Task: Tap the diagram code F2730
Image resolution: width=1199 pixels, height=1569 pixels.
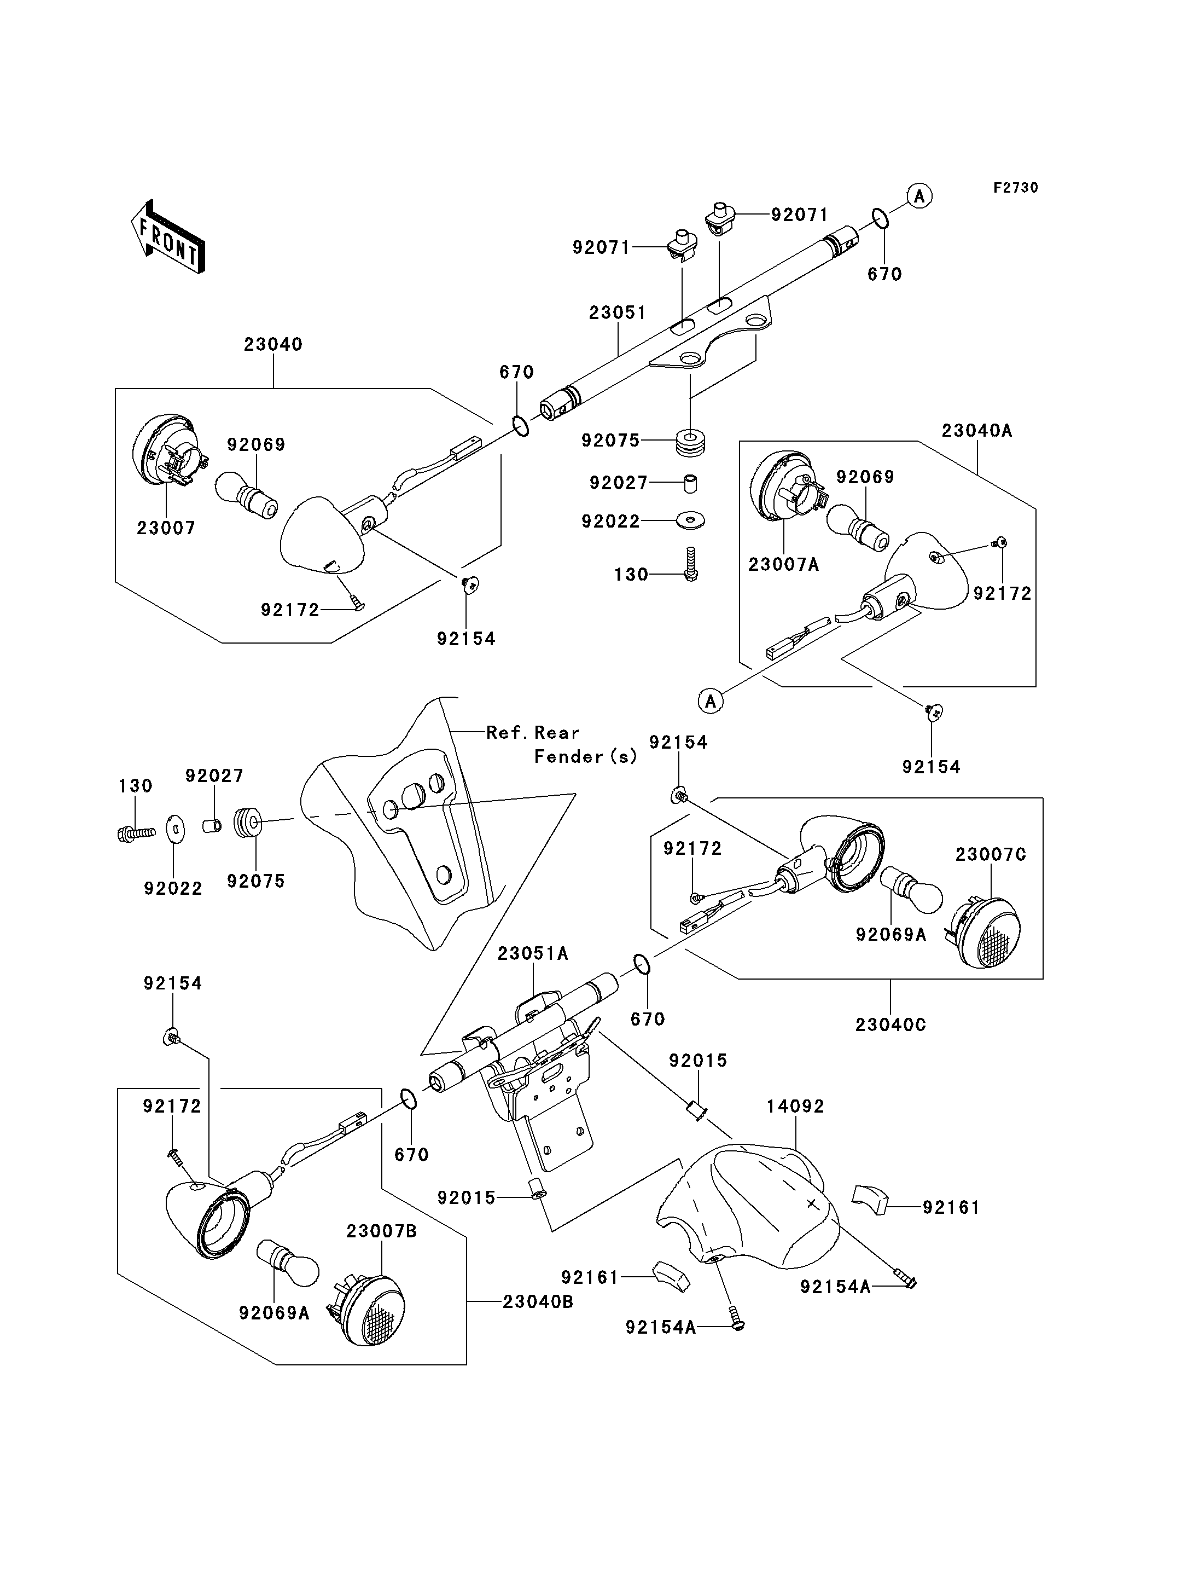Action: pos(1016,188)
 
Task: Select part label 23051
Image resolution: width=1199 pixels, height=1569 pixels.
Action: pos(618,313)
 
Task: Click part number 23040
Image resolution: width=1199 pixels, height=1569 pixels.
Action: pos(273,344)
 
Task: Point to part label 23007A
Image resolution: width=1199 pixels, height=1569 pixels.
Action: pos(784,565)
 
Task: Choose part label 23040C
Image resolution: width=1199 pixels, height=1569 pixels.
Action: pos(890,1025)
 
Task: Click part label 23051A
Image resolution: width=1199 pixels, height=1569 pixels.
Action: pos(533,953)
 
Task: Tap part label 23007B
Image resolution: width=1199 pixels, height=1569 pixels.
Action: pos(382,1231)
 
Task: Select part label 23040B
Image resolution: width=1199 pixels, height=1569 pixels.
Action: pos(538,1302)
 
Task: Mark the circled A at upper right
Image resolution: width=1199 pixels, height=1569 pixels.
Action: pos(920,196)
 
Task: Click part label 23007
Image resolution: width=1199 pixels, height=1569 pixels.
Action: pos(166,529)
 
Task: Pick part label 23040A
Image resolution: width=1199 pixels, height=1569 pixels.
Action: pos(977,431)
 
